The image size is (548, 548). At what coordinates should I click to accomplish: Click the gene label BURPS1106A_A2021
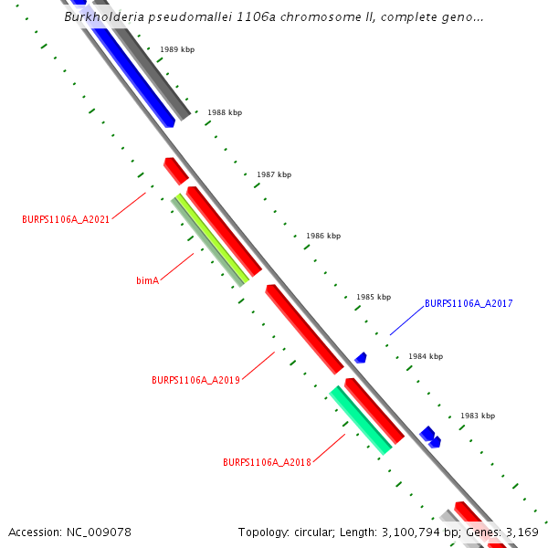(66, 219)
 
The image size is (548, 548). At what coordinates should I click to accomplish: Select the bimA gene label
(148, 280)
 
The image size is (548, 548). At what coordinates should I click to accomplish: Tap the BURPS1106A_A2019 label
(195, 380)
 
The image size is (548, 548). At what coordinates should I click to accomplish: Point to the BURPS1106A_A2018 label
(267, 462)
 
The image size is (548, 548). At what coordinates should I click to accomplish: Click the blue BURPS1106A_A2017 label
(469, 303)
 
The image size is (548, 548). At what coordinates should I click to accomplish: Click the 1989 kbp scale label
(176, 50)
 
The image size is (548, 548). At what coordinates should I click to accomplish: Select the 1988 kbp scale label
(225, 112)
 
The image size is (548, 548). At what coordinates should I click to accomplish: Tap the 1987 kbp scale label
(274, 174)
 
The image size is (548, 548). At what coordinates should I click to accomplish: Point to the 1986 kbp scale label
(323, 236)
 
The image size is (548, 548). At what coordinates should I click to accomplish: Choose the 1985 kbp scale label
(374, 297)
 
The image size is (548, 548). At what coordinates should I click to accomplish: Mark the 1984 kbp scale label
(426, 356)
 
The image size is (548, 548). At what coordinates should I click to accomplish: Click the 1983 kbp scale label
(478, 416)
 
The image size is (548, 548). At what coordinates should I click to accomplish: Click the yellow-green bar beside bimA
(213, 238)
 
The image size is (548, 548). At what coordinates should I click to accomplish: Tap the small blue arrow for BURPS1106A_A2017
(361, 358)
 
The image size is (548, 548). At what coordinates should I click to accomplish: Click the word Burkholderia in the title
(101, 16)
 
